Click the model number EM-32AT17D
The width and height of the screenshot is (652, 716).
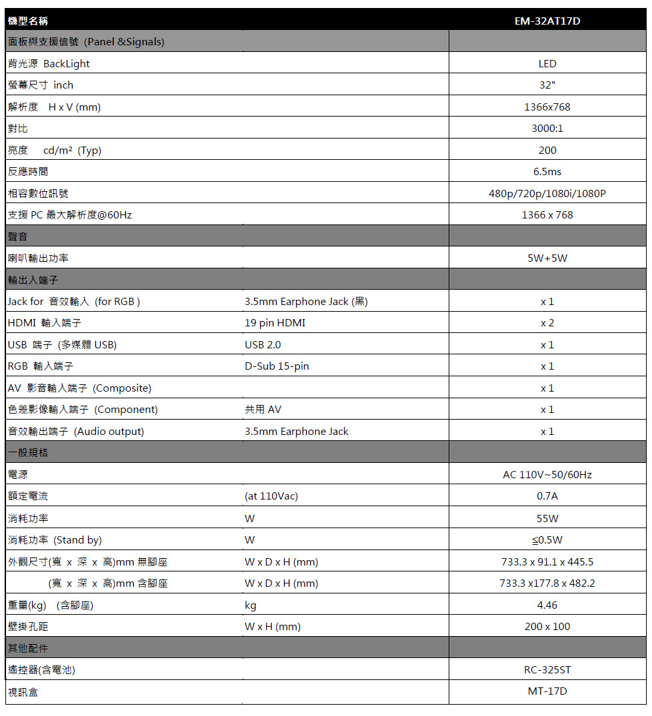click(547, 21)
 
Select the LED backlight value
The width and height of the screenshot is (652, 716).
click(547, 64)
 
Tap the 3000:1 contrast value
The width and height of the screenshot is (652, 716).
click(547, 129)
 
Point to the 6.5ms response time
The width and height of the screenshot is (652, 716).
click(547, 172)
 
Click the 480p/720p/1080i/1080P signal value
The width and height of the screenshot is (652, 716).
click(547, 194)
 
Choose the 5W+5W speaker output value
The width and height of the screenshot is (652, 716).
click(547, 258)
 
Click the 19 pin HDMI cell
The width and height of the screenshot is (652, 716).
click(275, 323)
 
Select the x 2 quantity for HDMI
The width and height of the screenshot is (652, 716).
click(547, 323)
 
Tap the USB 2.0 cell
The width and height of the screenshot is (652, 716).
click(263, 345)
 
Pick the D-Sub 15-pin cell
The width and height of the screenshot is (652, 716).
click(277, 366)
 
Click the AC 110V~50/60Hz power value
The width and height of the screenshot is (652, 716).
click(547, 475)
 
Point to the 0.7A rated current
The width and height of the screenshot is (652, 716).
click(547, 496)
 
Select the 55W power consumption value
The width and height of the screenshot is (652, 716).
click(547, 518)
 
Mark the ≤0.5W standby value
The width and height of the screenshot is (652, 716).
click(547, 539)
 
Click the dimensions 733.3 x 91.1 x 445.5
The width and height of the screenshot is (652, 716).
click(547, 561)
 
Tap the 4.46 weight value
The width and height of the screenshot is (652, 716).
click(547, 605)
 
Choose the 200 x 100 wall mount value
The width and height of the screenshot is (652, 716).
click(547, 627)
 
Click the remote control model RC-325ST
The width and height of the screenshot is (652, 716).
click(547, 670)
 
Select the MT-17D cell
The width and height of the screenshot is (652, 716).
click(547, 691)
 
